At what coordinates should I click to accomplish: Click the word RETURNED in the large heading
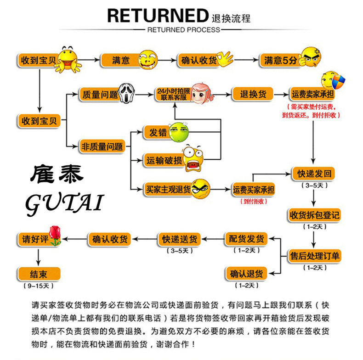pos(157,15)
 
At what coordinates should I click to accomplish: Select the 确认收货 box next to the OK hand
pos(198,60)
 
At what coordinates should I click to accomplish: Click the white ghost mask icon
pos(129,94)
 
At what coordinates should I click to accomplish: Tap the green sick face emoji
pos(178,132)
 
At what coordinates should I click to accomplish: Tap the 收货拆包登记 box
pos(314,214)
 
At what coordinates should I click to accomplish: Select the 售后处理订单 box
pos(314,255)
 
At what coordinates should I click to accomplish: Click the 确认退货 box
pos(246,274)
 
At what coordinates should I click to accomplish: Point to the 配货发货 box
pos(246,239)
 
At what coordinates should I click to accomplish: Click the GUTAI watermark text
pos(64,202)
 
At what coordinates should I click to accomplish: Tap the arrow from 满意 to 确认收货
pos(168,60)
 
